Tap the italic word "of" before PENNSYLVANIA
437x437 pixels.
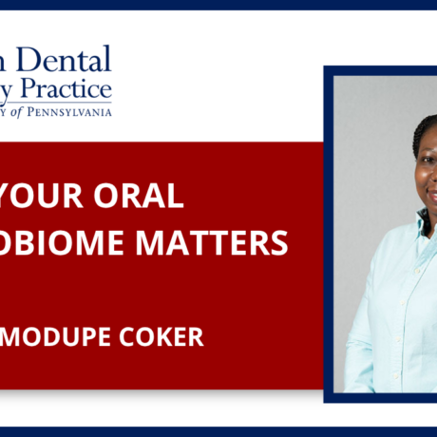click(x=38, y=112)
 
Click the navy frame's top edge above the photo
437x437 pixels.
click(x=380, y=70)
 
